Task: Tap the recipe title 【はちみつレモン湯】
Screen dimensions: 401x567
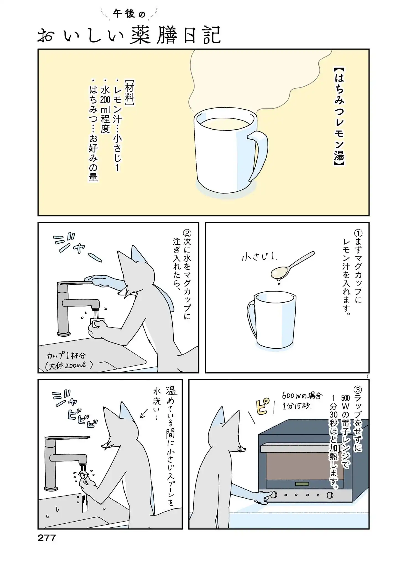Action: pos(339,117)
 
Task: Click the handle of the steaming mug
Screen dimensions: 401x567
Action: pos(258,155)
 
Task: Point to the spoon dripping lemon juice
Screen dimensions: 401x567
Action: pos(293,264)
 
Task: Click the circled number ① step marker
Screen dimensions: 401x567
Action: pos(358,233)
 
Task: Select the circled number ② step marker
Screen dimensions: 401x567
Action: pos(187,233)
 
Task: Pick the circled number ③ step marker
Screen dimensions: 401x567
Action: pos(358,390)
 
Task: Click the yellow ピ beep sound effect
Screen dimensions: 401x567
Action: pos(262,406)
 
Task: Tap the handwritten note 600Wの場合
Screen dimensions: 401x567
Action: pos(302,396)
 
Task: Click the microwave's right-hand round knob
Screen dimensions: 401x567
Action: pos(330,495)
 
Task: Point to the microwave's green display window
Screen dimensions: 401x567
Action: pos(302,484)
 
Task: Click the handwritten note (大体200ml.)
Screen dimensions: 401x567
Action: pos(69,365)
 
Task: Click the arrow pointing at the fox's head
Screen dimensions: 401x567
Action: pos(144,413)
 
